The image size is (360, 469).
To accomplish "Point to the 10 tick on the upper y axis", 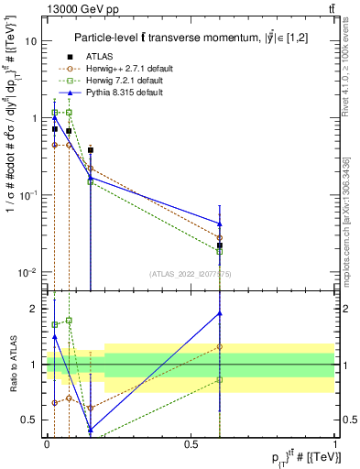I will coord(31,41).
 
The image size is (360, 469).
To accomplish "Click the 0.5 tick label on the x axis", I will coord(191,443).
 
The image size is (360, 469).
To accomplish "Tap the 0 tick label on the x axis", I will coord(47,443).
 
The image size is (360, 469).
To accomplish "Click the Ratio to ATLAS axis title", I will coord(12,365).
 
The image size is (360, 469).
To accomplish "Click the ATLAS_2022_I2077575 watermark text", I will coord(191,273).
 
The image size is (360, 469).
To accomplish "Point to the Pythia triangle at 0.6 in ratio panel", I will coord(220,313).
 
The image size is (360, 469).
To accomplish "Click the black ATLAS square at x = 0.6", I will coord(220,245).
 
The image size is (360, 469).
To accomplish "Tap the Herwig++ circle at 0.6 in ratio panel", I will coord(220,347).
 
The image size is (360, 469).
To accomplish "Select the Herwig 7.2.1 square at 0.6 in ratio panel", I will coord(220,379).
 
